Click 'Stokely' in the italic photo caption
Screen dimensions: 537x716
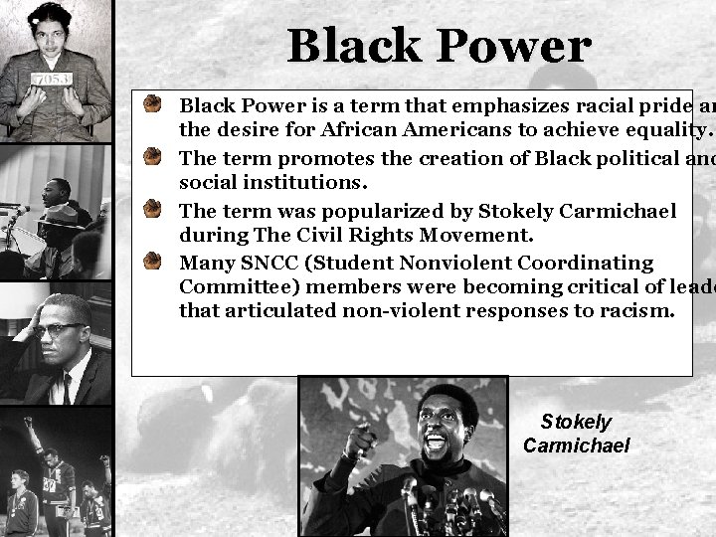pos(577,423)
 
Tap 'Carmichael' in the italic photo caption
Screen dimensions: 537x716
pos(576,445)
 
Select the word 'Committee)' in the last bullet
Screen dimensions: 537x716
pos(229,288)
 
